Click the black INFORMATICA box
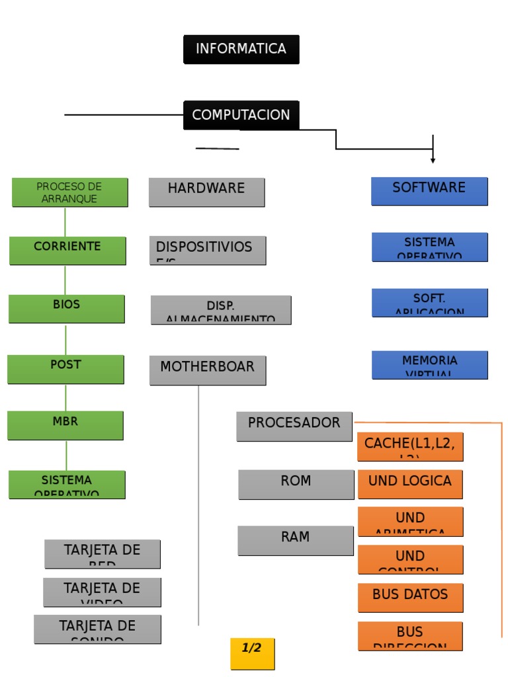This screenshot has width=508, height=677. click(241, 50)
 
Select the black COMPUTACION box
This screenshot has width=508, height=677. click(241, 115)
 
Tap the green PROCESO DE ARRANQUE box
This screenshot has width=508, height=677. click(69, 192)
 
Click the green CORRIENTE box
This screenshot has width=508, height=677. click(67, 251)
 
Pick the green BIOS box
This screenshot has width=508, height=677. click(66, 309)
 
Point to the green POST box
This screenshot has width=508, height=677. click(65, 369)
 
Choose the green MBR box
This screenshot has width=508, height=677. click(65, 425)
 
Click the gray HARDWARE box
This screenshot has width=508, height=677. click(206, 192)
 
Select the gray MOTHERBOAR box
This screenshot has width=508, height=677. click(208, 370)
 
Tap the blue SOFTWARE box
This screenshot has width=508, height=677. click(429, 191)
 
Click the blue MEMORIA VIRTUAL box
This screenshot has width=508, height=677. click(429, 365)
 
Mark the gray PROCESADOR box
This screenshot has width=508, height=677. click(294, 426)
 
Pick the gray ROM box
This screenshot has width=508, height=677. click(296, 485)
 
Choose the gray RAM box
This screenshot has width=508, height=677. click(295, 541)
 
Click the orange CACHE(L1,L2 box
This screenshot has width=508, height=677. click(410, 447)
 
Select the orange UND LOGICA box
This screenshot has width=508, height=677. click(410, 484)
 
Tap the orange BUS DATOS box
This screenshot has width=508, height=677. click(410, 598)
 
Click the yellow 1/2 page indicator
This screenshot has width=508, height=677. click(252, 654)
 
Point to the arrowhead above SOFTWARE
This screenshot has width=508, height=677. click(433, 160)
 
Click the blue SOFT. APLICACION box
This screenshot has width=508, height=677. click(429, 303)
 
